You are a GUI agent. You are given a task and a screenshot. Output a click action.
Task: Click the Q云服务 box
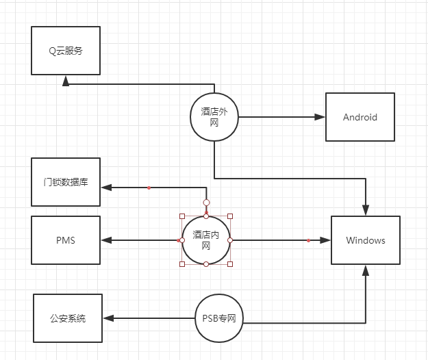(x=66, y=51)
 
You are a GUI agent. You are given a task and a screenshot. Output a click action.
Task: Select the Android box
(x=360, y=117)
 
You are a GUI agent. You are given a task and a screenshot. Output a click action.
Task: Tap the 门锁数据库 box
(x=66, y=181)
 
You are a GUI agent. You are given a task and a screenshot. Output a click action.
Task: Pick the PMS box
(x=66, y=240)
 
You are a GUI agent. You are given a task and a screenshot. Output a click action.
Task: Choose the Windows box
(x=365, y=240)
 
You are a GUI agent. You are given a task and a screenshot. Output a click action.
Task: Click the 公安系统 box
(x=68, y=318)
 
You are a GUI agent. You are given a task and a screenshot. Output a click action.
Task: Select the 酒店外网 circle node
(x=214, y=117)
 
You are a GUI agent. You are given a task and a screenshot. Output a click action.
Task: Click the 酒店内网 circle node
(x=206, y=240)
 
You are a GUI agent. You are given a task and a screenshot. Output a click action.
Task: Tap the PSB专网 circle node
(x=218, y=319)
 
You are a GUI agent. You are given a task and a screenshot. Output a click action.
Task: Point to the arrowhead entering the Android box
(x=320, y=117)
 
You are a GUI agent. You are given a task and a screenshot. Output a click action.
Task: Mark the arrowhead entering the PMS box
(x=105, y=240)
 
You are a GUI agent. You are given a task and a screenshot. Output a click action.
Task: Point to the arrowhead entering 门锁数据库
(x=105, y=187)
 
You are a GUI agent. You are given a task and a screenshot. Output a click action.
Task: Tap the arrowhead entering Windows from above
(x=366, y=211)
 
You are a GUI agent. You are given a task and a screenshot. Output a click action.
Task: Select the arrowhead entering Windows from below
(x=366, y=270)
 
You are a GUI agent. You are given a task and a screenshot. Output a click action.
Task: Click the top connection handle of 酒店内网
(x=206, y=203)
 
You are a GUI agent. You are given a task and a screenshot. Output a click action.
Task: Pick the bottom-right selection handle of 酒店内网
(x=230, y=263)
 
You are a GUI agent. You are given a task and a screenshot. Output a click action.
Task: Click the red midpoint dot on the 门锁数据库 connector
(x=149, y=187)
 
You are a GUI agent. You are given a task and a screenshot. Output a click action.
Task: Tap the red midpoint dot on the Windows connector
(x=309, y=240)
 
